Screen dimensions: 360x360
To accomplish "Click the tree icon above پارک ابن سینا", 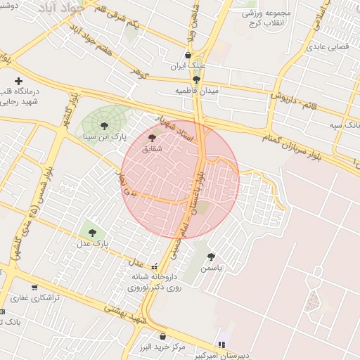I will click(x=105, y=125).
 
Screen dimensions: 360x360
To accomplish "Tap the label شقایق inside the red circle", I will click(x=152, y=149).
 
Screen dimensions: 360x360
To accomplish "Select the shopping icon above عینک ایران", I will click(x=188, y=56).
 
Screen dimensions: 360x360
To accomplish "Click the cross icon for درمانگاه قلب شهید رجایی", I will click(x=18, y=81).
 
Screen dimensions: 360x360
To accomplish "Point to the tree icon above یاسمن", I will click(x=212, y=257).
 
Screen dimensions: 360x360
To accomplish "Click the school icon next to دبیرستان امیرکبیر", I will click(x=221, y=345).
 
